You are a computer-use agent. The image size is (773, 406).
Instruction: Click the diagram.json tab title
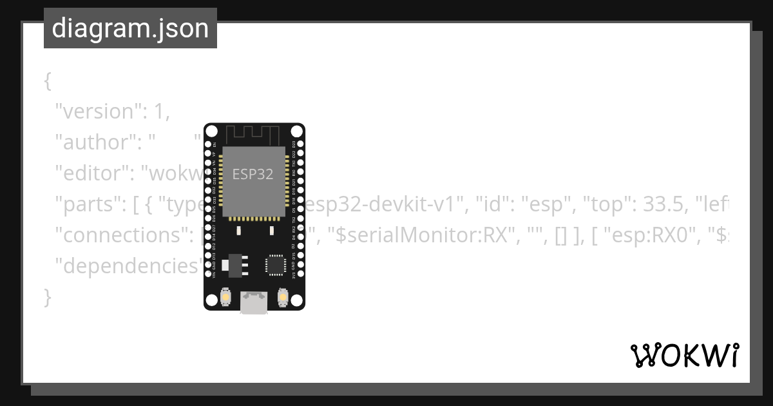click(x=130, y=28)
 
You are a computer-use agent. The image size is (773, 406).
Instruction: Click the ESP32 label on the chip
click(x=253, y=174)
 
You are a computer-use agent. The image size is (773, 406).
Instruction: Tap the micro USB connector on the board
click(x=254, y=302)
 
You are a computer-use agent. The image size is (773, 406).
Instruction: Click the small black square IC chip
click(x=275, y=265)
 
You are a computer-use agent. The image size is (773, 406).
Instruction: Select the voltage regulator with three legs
click(x=233, y=265)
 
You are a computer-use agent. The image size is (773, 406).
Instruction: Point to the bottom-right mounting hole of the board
click(x=296, y=300)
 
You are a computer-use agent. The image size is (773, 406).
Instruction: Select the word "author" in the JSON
click(x=93, y=142)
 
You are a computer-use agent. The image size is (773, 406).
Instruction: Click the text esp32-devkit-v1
click(x=385, y=205)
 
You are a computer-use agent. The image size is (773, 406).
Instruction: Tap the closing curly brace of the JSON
click(x=47, y=298)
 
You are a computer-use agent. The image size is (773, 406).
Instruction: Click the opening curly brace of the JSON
click(x=47, y=81)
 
